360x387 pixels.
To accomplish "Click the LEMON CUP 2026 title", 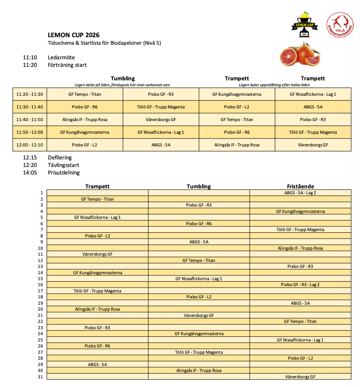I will point(74,35).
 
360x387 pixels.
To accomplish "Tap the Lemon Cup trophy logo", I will point(303,25).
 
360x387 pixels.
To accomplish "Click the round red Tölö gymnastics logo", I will point(340,25).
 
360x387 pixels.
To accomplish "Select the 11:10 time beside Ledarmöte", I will point(30,57).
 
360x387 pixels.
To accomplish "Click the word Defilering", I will point(60,157).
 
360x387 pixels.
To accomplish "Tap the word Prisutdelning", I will point(64,173).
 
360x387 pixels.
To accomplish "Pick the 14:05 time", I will point(30,173).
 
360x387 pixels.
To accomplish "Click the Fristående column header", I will point(300,186).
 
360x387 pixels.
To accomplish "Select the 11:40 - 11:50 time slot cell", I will point(30,120).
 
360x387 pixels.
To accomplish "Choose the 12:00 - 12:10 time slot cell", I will point(30,145).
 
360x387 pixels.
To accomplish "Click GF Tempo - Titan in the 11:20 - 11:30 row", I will point(85,94).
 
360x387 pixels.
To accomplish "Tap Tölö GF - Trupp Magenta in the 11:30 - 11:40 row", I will point(161,107).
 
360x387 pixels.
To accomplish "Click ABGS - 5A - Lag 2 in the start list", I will point(300,193).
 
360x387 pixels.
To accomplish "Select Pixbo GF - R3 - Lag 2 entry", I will point(300,285).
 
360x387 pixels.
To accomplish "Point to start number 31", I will point(40,377).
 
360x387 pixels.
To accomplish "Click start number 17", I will point(40,291).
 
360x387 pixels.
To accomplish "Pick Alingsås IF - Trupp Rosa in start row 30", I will point(199,370).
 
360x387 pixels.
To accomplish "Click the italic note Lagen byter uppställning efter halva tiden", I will point(275,85).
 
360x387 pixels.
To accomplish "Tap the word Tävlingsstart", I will point(64,165).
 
